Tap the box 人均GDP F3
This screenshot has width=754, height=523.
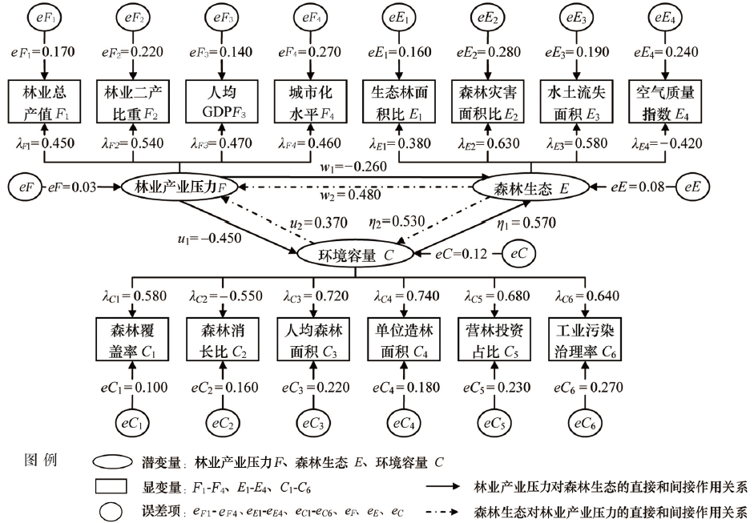(220, 102)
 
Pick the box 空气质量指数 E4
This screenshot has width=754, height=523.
(664, 102)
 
